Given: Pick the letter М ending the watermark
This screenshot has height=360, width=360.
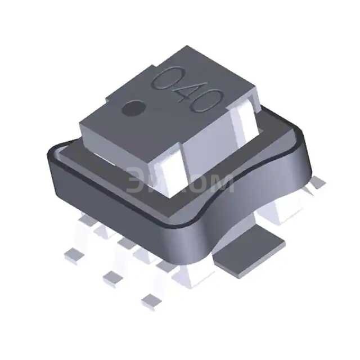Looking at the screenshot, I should pos(221,183).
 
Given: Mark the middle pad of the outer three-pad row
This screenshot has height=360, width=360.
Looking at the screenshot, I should pos(112,276).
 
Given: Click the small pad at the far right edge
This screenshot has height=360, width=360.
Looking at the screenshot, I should pos(319,182).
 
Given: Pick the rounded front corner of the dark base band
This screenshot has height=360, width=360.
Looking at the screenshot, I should pos(194,236).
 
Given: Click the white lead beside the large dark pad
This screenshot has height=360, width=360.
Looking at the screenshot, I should pos(194,270).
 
